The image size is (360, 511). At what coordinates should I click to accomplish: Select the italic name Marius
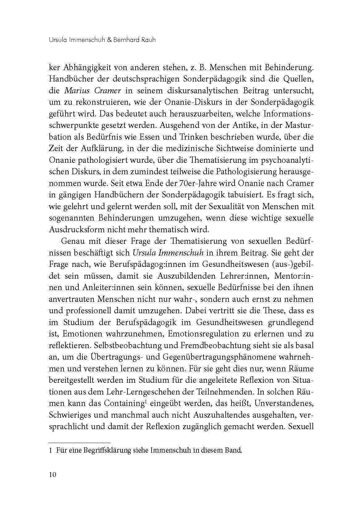click(76, 91)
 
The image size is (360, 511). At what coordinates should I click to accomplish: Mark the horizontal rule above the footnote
click(79, 443)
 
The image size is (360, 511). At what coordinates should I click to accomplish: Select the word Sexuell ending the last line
click(301, 427)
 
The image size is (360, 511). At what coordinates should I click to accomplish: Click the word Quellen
click(297, 79)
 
